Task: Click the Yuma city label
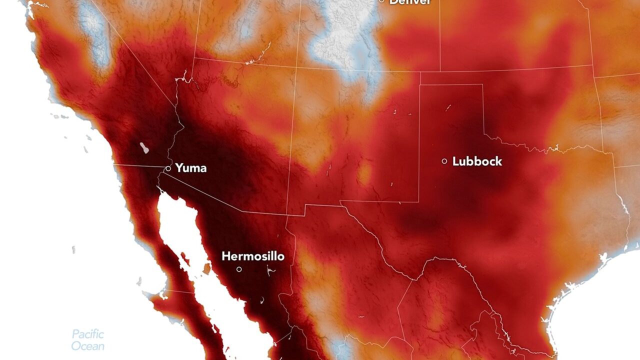tap(191, 168)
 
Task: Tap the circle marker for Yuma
tap(168, 168)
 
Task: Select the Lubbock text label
tap(477, 161)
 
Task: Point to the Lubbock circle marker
tap(444, 161)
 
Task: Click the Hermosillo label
tap(253, 256)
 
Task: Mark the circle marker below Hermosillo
tap(239, 269)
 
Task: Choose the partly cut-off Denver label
tap(410, 2)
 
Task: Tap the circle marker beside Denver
tap(381, 1)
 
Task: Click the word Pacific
tap(87, 334)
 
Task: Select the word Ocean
tap(87, 346)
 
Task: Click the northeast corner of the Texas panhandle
tap(483, 84)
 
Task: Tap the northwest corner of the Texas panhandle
tap(419, 84)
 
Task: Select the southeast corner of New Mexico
tap(418, 201)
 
